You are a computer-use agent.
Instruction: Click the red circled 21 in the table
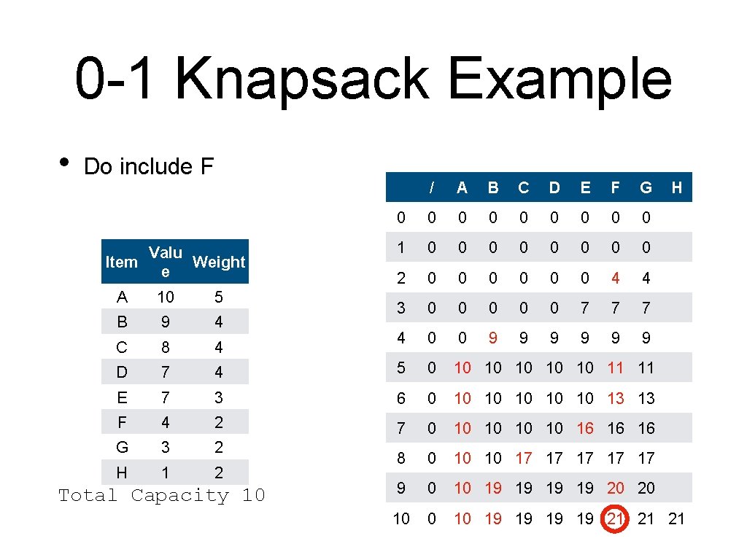tap(615, 518)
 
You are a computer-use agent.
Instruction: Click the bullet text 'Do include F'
tap(149, 166)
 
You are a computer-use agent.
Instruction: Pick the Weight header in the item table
tap(219, 262)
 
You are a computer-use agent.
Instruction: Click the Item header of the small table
tap(121, 262)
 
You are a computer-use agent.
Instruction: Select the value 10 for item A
tap(166, 297)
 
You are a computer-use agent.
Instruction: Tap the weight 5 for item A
tap(219, 297)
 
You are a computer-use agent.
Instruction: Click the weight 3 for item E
tap(219, 397)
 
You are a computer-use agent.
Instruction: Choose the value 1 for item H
tap(166, 472)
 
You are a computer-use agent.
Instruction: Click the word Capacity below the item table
tap(179, 496)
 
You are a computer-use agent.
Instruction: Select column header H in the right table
tap(676, 187)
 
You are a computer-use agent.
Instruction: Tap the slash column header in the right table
tap(432, 187)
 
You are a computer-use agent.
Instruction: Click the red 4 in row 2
tap(615, 278)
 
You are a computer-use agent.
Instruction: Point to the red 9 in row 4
tap(493, 338)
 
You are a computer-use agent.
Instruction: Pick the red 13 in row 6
tap(615, 398)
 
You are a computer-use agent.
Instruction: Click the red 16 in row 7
tap(585, 428)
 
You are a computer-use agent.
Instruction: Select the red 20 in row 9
tap(615, 488)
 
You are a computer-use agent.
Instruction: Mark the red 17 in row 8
tap(524, 458)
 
